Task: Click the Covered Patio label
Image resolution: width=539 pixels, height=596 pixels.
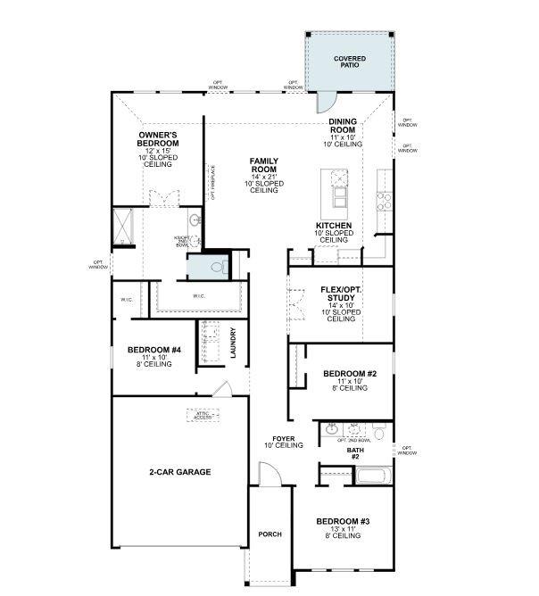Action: (350, 62)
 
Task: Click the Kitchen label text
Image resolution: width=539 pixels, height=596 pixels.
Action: (333, 226)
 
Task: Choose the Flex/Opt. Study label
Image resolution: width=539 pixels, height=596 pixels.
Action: (340, 294)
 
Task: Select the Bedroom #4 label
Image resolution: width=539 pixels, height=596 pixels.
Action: (154, 350)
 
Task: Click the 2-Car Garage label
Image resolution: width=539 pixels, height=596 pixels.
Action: (180, 471)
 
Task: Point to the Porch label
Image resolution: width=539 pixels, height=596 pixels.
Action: (269, 534)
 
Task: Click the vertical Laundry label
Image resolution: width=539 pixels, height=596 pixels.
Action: (233, 343)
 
